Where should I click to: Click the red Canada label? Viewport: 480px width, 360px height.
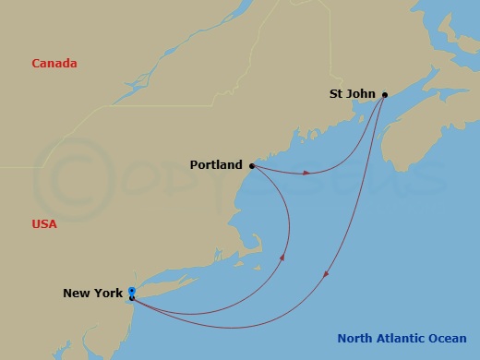pyautogui.click(x=54, y=64)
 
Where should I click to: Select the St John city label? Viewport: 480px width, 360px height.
pyautogui.click(x=354, y=93)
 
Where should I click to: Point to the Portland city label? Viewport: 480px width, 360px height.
pyautogui.click(x=216, y=166)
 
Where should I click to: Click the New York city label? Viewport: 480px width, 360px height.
pyautogui.click(x=92, y=294)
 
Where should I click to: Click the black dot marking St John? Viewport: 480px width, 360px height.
pyautogui.click(x=385, y=94)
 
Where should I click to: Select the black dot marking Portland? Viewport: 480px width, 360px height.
pyautogui.click(x=252, y=166)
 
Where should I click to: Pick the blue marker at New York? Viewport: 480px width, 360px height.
pyautogui.click(x=132, y=291)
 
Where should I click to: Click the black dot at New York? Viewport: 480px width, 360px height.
pyautogui.click(x=132, y=297)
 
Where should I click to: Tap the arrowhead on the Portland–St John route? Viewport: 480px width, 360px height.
pyautogui.click(x=308, y=173)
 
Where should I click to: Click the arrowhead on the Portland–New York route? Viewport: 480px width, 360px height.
pyautogui.click(x=282, y=258)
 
